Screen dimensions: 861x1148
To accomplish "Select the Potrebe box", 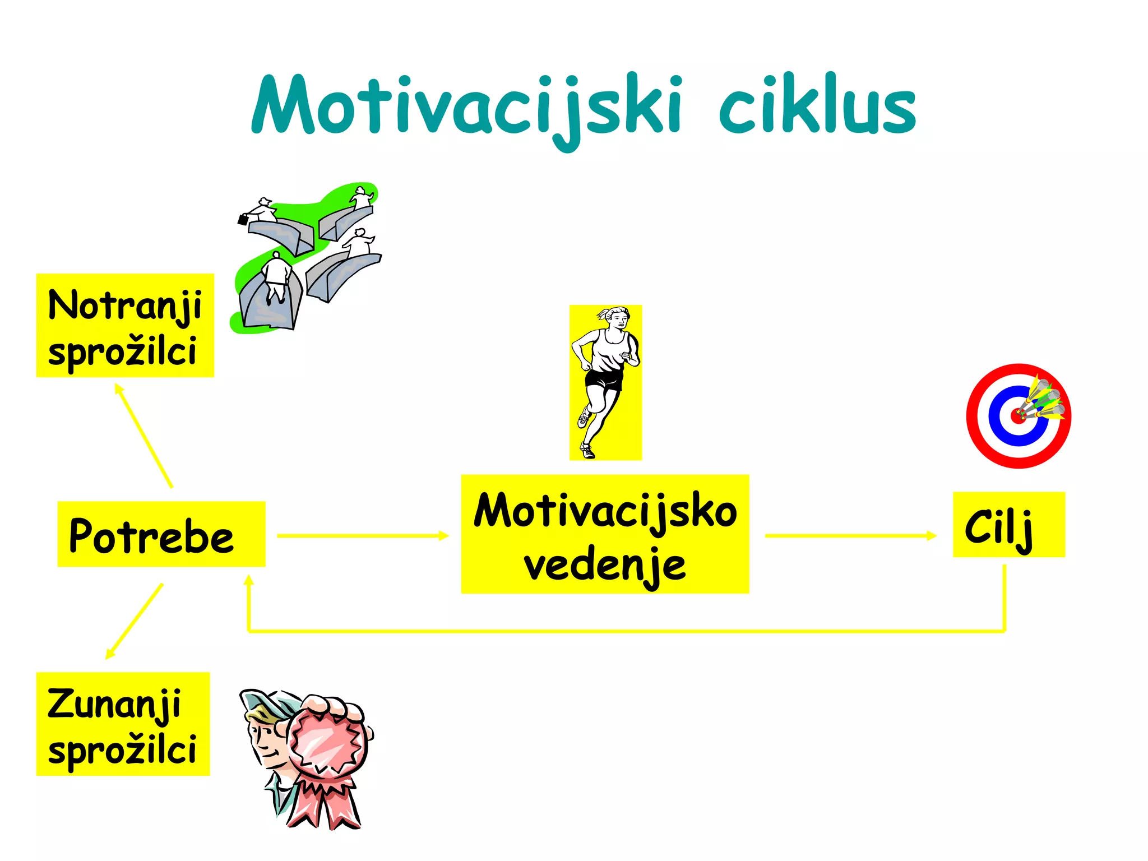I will click(161, 534).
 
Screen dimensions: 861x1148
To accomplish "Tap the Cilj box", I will click(1008, 525).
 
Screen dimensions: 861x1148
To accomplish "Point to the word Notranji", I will click(124, 306).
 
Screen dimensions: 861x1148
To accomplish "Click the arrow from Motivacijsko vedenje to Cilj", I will click(850, 536).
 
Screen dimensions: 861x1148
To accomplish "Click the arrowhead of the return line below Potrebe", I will click(249, 581).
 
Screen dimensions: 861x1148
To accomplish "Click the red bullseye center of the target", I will click(1017, 416).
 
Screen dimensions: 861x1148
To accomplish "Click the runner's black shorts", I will click(604, 380).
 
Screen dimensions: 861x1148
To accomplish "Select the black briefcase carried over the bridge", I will click(243, 219).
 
